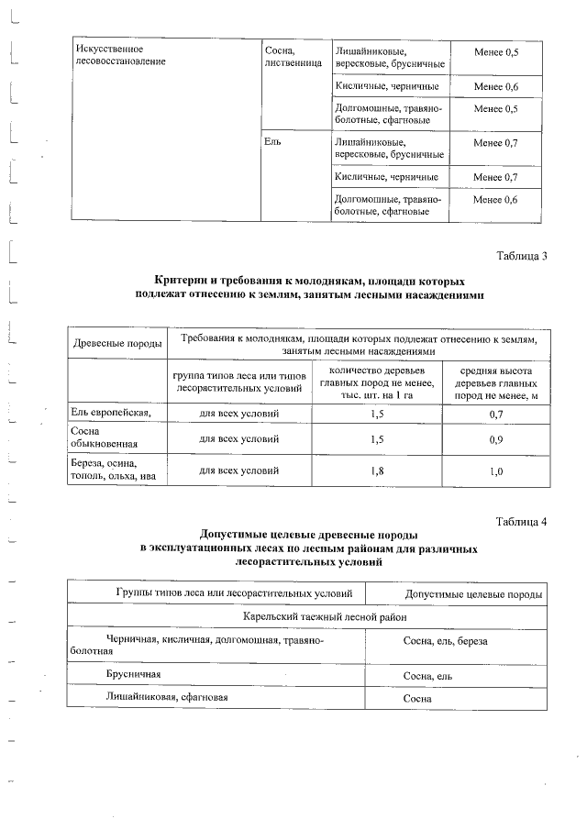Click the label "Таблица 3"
tap(521, 256)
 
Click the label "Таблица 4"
tap(521, 522)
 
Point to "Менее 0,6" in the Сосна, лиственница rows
tap(496, 86)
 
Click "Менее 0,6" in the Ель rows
tap(496, 199)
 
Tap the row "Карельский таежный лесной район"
tap(308, 617)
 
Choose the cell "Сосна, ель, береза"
tap(446, 641)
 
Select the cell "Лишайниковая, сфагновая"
tap(166, 697)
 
